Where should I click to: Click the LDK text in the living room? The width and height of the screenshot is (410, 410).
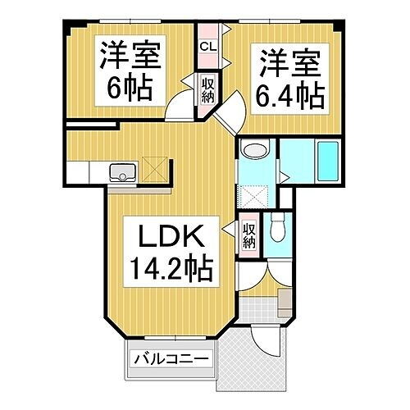click(x=168, y=239)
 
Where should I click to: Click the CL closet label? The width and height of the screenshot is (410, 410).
click(x=207, y=47)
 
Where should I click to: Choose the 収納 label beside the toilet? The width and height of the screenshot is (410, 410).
click(x=249, y=234)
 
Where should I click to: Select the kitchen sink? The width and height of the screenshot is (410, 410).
click(x=124, y=172)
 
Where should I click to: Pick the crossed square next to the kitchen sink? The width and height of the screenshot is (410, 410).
click(x=154, y=168)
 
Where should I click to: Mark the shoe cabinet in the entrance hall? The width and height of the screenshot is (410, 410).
click(x=283, y=301)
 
